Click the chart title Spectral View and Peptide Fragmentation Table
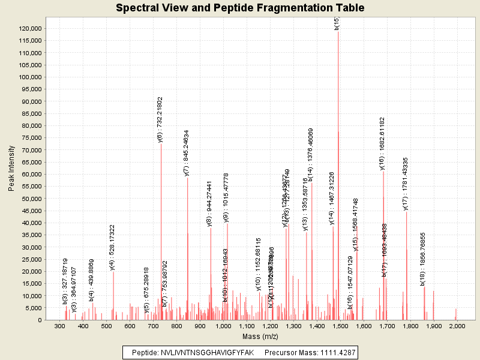point(240,8)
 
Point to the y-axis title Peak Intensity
point(12,171)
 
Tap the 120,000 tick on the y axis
point(30,29)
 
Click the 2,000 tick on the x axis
point(457,326)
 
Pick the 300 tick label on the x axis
point(59,326)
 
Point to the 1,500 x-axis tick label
point(340,326)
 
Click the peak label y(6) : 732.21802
point(161,119)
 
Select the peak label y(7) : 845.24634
point(187,152)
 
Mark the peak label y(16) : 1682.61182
point(383,143)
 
